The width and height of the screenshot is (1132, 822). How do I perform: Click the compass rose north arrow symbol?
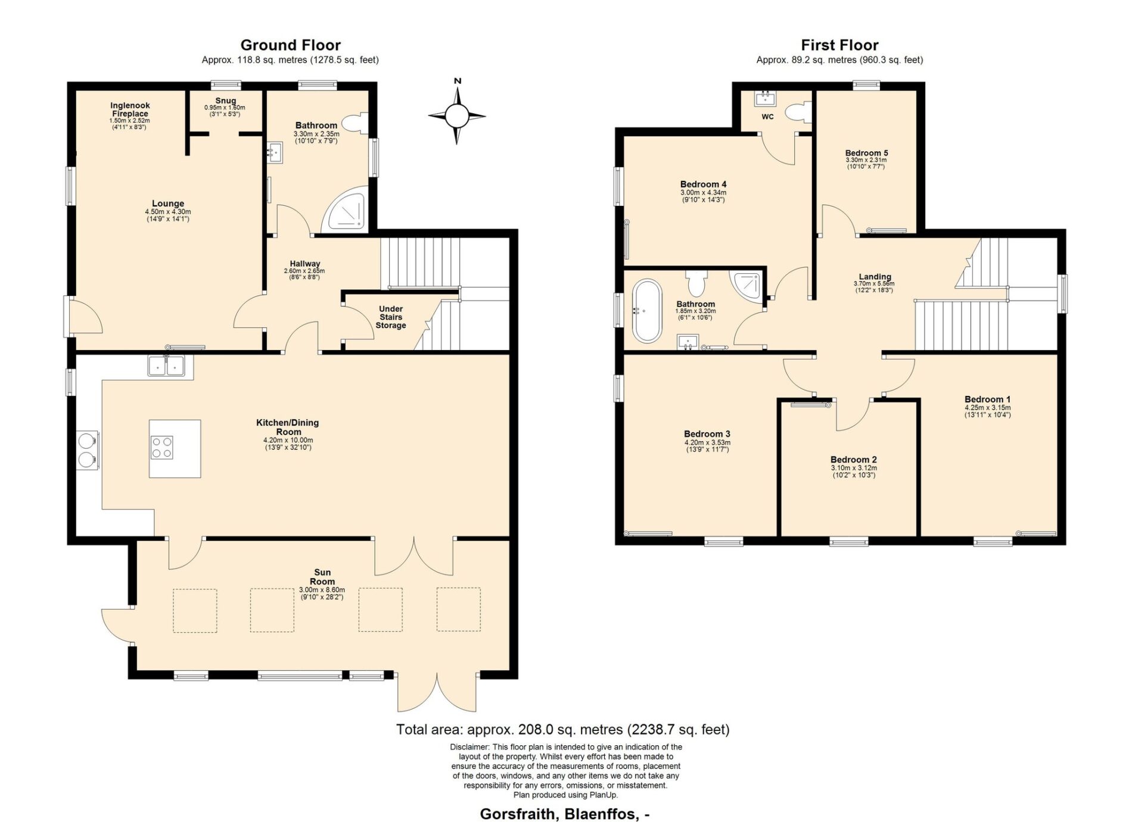point(457,115)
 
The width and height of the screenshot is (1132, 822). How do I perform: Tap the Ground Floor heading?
point(291,45)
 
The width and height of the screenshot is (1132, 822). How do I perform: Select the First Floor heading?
point(839,45)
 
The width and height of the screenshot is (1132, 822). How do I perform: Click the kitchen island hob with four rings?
point(162,447)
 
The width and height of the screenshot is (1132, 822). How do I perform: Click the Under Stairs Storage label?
point(391,317)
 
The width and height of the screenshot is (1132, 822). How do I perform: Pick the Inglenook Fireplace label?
point(130,110)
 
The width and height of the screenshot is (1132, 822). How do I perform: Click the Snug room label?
point(226,101)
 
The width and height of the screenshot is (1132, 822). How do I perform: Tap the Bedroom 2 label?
point(854,460)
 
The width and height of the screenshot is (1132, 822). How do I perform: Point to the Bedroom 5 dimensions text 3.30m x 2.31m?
point(866,160)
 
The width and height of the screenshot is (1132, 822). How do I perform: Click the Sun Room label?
point(322,577)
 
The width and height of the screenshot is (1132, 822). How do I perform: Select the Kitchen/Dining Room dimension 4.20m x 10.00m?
point(288,440)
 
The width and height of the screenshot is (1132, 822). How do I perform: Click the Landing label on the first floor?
point(875,277)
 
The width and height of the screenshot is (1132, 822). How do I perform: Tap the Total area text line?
point(563,729)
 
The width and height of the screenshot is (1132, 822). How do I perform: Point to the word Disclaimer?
point(469,747)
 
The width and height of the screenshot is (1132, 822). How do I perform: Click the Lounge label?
point(168,204)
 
